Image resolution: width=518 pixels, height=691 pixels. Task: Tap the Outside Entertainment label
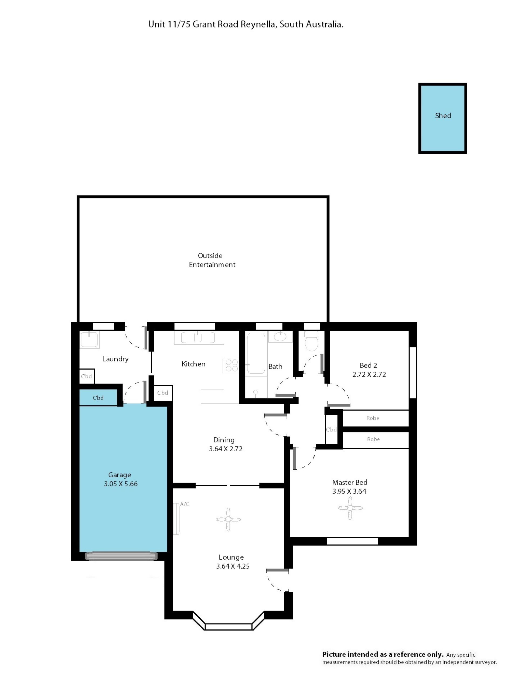pyautogui.click(x=212, y=260)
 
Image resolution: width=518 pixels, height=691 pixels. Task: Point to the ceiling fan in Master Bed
pyautogui.click(x=350, y=508)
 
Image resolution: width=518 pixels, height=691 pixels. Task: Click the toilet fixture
pyautogui.click(x=311, y=341)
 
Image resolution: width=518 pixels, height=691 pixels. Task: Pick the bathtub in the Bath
pyautogui.click(x=256, y=353)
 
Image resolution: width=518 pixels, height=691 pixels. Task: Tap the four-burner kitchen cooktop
pyautogui.click(x=231, y=365)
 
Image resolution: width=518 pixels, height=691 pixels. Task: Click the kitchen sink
pyautogui.click(x=198, y=337)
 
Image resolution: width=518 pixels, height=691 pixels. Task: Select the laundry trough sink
pyautogui.click(x=89, y=340)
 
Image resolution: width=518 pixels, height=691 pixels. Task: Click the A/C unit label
pyautogui.click(x=185, y=504)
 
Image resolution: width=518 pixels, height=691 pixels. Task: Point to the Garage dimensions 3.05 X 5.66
pyautogui.click(x=121, y=484)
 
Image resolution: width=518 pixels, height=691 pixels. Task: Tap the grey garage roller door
pyautogui.click(x=121, y=556)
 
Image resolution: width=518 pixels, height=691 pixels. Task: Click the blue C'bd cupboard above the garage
pyautogui.click(x=98, y=397)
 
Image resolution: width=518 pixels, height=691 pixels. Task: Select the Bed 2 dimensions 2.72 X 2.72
pyautogui.click(x=369, y=374)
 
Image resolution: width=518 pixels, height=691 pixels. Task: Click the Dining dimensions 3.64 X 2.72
pyautogui.click(x=226, y=449)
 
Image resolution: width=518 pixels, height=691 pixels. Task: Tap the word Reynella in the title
pyautogui.click(x=258, y=24)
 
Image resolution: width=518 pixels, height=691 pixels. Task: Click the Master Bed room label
pyautogui.click(x=349, y=482)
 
